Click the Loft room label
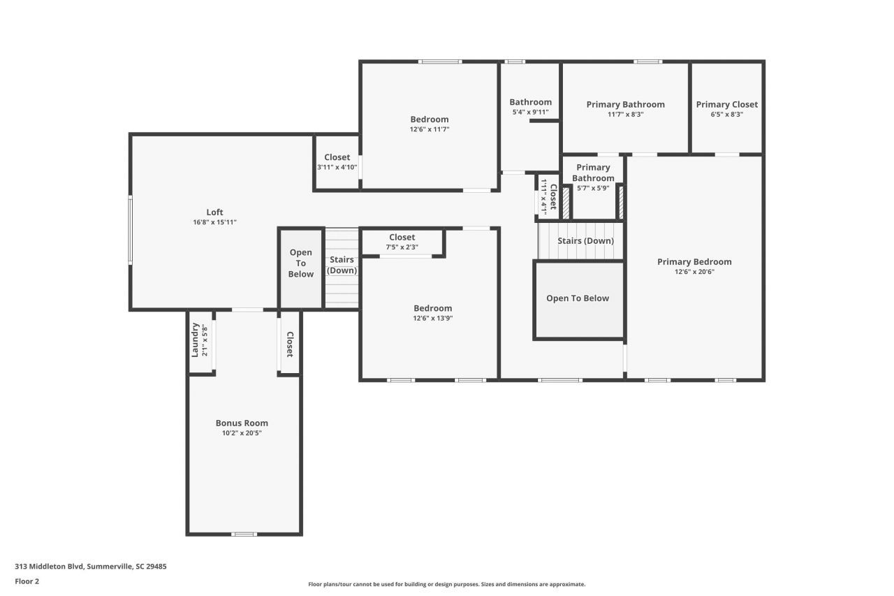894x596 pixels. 214,212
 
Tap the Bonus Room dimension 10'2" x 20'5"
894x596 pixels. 242,433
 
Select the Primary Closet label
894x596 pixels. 726,105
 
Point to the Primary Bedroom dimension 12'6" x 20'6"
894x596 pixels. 694,272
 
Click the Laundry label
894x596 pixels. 196,340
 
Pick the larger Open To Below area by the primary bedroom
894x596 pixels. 578,299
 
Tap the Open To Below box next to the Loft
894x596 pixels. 301,263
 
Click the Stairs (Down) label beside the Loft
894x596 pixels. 342,266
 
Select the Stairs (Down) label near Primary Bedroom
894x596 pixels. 585,241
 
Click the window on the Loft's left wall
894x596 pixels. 130,229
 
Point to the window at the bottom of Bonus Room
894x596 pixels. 244,534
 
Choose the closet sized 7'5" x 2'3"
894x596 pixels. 402,242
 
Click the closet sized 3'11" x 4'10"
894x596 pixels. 337,162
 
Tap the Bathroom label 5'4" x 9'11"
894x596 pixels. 530,102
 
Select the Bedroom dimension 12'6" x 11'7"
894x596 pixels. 429,129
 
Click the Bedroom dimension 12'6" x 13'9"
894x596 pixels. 432,319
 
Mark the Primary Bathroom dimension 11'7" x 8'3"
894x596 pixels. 625,115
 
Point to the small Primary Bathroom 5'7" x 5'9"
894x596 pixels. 593,177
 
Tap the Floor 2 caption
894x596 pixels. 27,581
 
